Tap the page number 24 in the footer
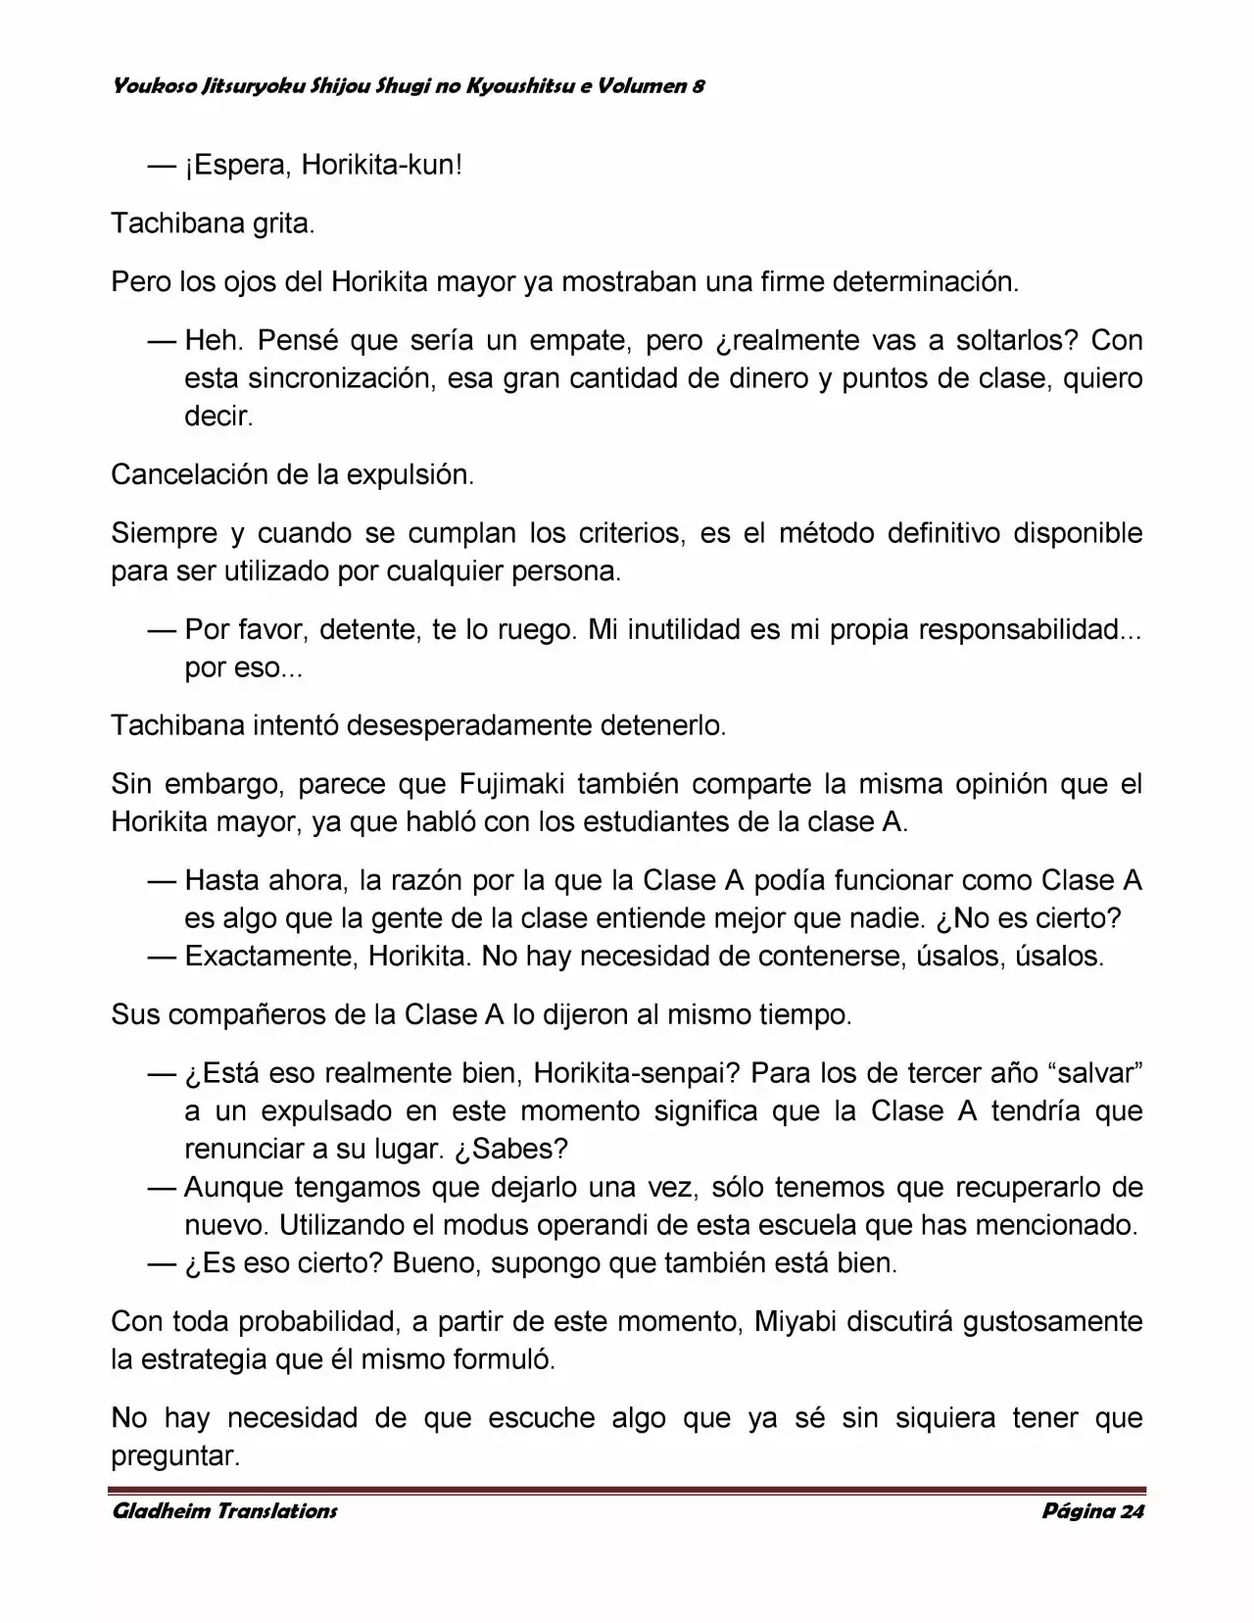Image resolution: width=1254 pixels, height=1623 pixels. (1131, 1511)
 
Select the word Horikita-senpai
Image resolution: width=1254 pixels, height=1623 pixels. (636, 1073)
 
